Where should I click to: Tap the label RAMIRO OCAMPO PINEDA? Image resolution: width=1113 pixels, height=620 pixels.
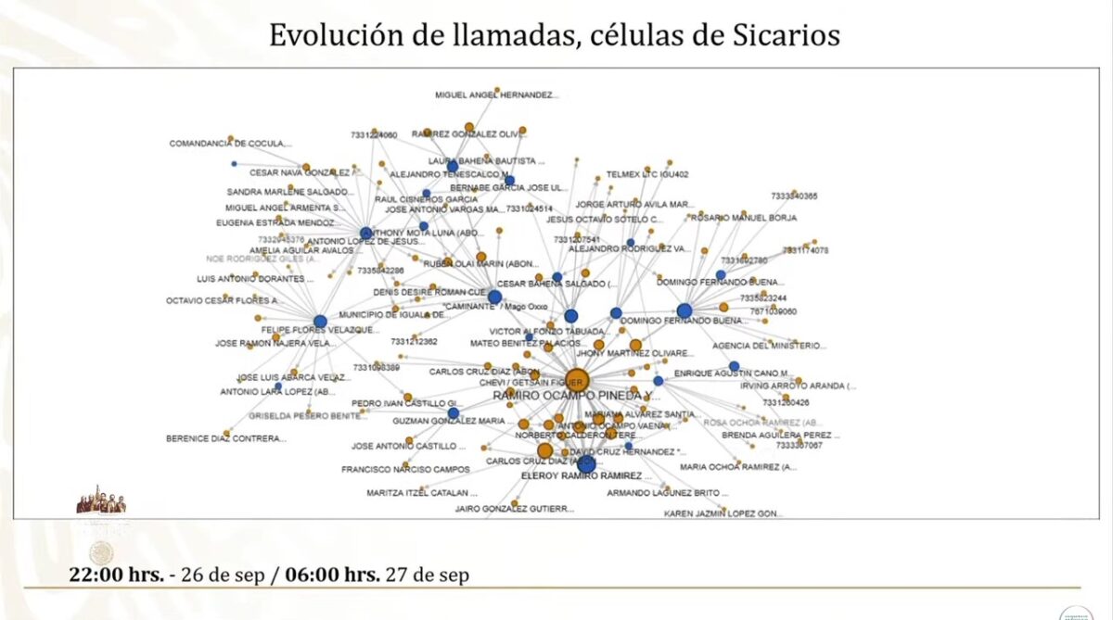(x=576, y=396)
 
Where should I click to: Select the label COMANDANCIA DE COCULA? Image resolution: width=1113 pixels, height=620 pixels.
(x=230, y=144)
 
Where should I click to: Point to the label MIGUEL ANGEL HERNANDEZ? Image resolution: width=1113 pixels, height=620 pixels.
(x=496, y=95)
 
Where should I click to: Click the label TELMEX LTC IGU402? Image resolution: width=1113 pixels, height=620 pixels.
(x=647, y=174)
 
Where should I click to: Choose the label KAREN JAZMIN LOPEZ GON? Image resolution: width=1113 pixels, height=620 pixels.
(x=723, y=512)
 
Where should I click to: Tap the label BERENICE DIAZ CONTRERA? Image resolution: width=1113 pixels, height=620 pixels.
(x=226, y=438)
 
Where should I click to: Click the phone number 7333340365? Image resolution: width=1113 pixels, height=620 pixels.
(x=794, y=196)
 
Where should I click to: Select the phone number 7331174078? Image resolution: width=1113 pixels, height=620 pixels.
(x=805, y=250)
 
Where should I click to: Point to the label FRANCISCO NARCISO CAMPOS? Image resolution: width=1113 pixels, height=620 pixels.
(x=405, y=469)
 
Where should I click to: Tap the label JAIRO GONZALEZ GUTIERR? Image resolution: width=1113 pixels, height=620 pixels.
(x=514, y=509)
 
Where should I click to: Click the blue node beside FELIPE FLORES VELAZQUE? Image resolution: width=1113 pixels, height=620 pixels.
(x=320, y=322)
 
